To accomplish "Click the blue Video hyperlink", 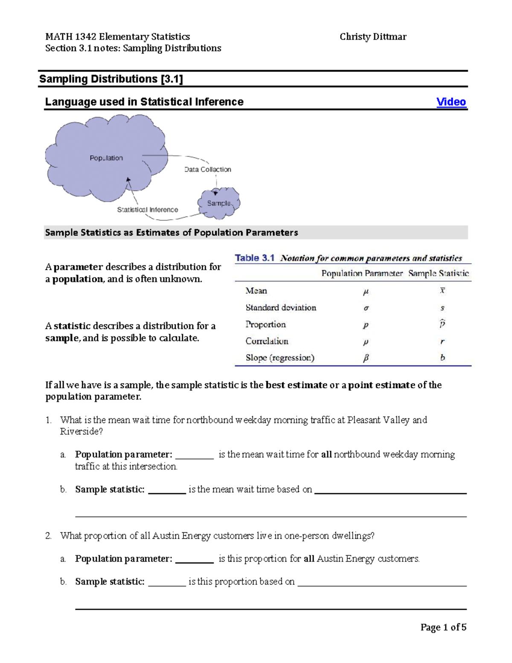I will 451,102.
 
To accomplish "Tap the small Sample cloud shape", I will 219,204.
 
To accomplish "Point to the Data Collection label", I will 208,169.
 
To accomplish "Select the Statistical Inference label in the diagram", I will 148,210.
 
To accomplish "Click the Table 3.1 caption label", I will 254,258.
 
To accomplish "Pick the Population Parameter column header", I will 362,273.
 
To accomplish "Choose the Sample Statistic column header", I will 438,273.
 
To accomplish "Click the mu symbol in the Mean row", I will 366,292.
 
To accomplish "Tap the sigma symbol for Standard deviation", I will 366,308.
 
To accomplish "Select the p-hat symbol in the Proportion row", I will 442,324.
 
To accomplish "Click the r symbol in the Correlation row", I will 442,342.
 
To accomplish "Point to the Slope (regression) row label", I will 280,358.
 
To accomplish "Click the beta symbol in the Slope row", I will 366,358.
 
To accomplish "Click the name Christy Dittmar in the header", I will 373,37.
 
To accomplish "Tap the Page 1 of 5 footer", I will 443,627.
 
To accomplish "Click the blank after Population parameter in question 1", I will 194,455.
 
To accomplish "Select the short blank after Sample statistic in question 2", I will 167,582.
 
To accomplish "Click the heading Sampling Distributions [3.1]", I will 111,79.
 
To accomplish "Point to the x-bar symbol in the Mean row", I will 442,291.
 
